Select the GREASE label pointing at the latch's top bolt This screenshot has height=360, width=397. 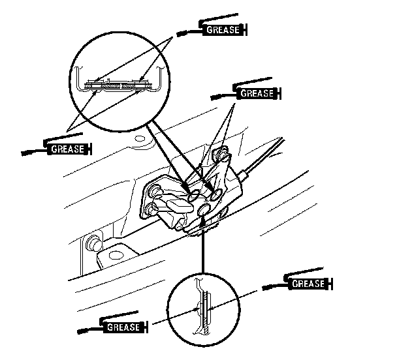(x=257, y=93)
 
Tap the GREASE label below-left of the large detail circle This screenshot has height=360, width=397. (x=67, y=149)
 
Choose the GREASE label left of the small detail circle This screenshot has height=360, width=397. (x=121, y=325)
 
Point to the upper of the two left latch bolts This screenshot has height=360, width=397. (x=156, y=190)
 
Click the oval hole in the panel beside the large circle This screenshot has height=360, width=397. (x=138, y=139)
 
